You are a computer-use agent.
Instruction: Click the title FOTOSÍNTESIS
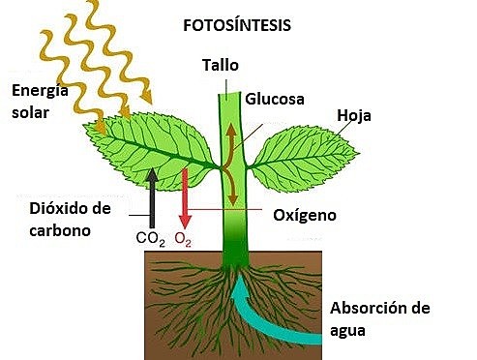(x=238, y=27)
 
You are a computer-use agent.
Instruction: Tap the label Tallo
(x=220, y=66)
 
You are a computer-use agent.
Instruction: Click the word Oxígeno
(x=305, y=215)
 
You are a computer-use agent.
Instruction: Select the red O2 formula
(x=183, y=236)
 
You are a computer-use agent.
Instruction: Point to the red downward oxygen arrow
(x=182, y=198)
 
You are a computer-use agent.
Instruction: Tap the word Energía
(x=42, y=92)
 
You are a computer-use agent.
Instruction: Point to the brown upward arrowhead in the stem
(x=229, y=129)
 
